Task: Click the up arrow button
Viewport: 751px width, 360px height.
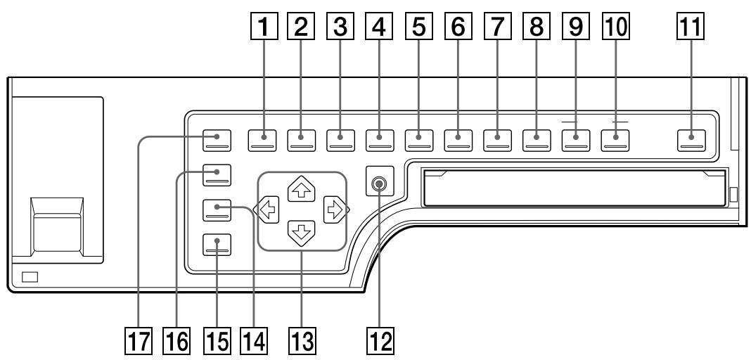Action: pos(302,188)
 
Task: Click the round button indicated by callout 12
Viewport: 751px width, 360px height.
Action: pos(380,184)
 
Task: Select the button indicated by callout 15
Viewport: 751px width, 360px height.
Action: pos(216,245)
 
